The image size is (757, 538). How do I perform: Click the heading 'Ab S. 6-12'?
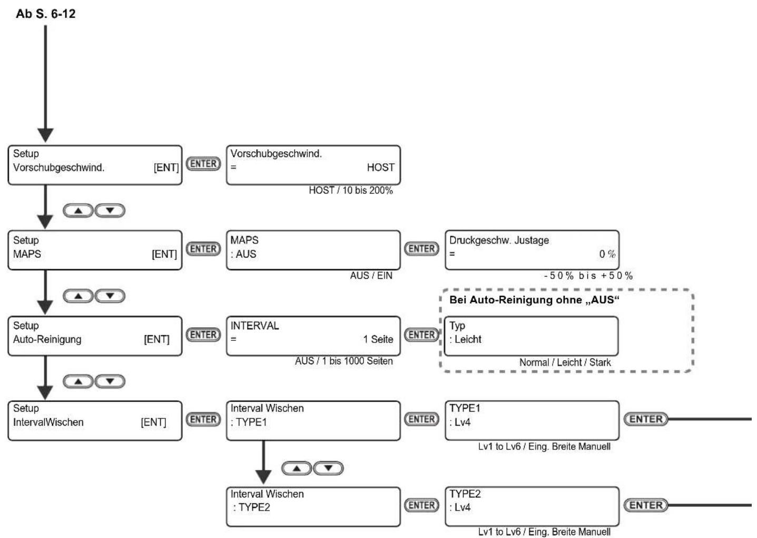(46, 14)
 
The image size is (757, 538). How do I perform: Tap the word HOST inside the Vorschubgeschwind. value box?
(380, 168)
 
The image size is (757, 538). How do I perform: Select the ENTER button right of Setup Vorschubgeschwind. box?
(203, 164)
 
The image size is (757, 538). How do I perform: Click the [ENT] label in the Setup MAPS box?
(164, 254)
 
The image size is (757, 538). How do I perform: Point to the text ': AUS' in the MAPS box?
(243, 254)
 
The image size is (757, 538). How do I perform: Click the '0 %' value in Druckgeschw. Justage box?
(607, 254)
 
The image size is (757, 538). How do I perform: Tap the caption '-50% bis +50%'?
(588, 276)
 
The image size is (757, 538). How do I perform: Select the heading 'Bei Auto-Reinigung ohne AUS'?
(534, 300)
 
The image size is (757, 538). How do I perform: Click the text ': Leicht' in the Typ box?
(465, 339)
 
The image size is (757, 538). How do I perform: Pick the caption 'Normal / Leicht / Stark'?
(565, 363)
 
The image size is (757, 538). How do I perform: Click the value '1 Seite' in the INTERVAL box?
(378, 339)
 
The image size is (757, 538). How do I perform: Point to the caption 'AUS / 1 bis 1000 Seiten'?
(343, 361)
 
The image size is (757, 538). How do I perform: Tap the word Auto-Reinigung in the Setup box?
(47, 339)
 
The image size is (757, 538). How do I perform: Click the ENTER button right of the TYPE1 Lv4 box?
(646, 419)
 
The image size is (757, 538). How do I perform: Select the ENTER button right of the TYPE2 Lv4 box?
(646, 505)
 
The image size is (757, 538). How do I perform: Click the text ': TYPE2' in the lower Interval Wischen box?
(252, 507)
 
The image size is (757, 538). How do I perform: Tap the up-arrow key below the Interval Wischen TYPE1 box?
(297, 468)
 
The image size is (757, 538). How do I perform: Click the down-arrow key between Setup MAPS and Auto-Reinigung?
(110, 296)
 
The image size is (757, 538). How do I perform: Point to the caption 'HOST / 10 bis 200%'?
(351, 191)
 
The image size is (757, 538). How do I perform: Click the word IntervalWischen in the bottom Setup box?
(48, 423)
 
